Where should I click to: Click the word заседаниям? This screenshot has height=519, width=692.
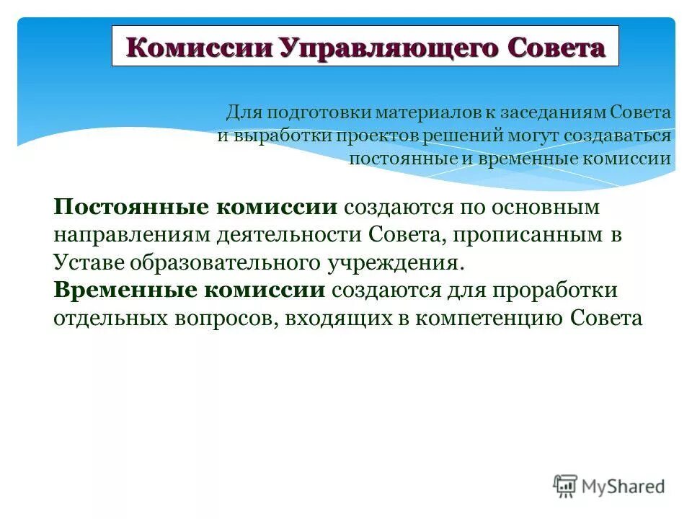click(538, 113)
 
